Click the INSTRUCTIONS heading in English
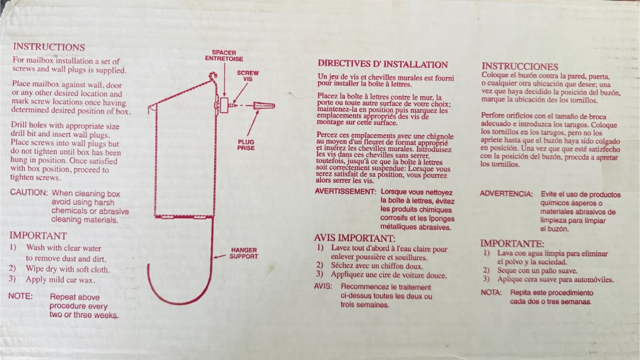click(x=49, y=47)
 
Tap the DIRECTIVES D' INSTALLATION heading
click(x=383, y=64)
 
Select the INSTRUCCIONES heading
click(x=520, y=66)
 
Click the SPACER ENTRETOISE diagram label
click(x=224, y=56)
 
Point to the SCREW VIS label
click(x=248, y=76)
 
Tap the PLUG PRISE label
click(x=246, y=145)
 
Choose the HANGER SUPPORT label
click(x=244, y=253)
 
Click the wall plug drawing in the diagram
click(x=264, y=106)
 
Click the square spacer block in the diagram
click(x=224, y=105)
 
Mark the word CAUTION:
click(x=29, y=192)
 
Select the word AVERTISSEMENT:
click(x=345, y=192)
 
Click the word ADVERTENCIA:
click(x=506, y=194)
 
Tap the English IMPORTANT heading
click(x=38, y=236)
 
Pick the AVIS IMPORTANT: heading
click(x=355, y=238)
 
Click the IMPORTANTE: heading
click(x=512, y=244)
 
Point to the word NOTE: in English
click(x=20, y=296)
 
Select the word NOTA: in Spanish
click(x=491, y=292)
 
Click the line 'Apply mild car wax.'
click(x=60, y=280)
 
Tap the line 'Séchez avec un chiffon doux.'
click(x=377, y=266)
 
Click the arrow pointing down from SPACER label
click(x=224, y=80)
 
